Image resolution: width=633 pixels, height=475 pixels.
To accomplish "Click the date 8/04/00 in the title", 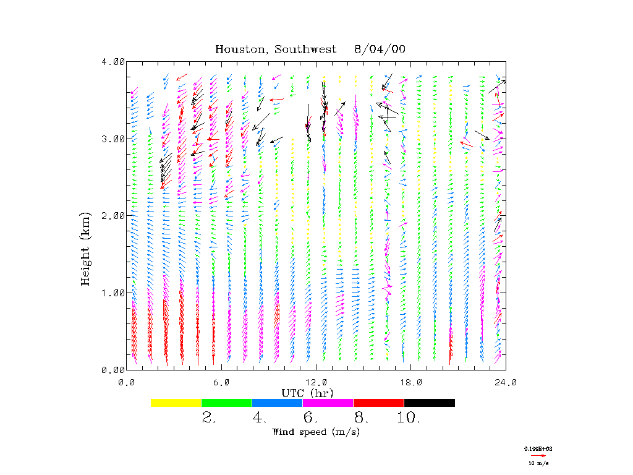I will [x=380, y=49].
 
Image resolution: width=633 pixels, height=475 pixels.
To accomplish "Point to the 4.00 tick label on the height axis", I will [x=113, y=62].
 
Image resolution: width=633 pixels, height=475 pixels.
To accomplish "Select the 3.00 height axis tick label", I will [x=113, y=139].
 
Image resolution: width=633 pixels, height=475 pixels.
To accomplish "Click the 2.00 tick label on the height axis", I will [x=113, y=215].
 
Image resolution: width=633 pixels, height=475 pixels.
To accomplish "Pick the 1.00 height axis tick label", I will [x=113, y=293].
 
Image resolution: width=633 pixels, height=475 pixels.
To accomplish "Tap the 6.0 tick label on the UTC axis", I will [x=221, y=382].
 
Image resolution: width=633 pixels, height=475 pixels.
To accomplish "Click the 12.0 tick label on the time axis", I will [x=316, y=382].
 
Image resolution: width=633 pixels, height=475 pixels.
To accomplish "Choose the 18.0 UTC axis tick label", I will [x=411, y=382].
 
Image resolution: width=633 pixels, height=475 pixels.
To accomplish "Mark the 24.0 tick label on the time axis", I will [x=506, y=382].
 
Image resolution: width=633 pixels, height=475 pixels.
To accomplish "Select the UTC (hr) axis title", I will [x=307, y=393].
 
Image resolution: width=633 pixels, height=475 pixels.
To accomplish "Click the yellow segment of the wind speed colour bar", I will [x=176, y=403].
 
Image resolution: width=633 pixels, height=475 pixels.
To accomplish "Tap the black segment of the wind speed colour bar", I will [x=429, y=403].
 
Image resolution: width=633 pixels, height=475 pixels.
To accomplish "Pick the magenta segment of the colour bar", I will [x=328, y=403].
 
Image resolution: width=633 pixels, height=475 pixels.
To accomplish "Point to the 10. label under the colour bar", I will [x=408, y=419].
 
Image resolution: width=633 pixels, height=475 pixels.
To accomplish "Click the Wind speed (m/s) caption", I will [x=316, y=432].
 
